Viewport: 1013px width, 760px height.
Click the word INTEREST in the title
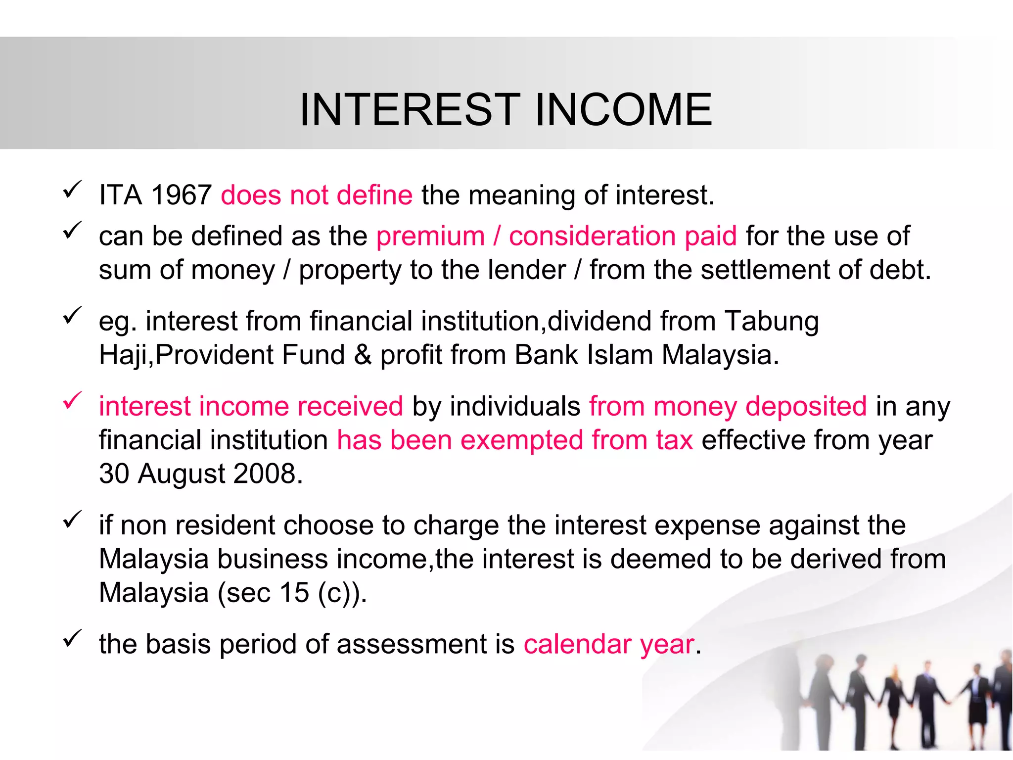[410, 109]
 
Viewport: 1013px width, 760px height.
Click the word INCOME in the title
[624, 109]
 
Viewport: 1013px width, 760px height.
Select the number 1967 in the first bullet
[182, 194]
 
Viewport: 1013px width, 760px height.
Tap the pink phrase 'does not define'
[317, 194]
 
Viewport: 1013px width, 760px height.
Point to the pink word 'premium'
[430, 236]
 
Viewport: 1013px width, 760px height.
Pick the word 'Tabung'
[772, 321]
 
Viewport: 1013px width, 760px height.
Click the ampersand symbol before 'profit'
[363, 355]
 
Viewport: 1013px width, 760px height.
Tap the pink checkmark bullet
[72, 401]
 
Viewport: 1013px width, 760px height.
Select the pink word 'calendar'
[577, 644]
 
